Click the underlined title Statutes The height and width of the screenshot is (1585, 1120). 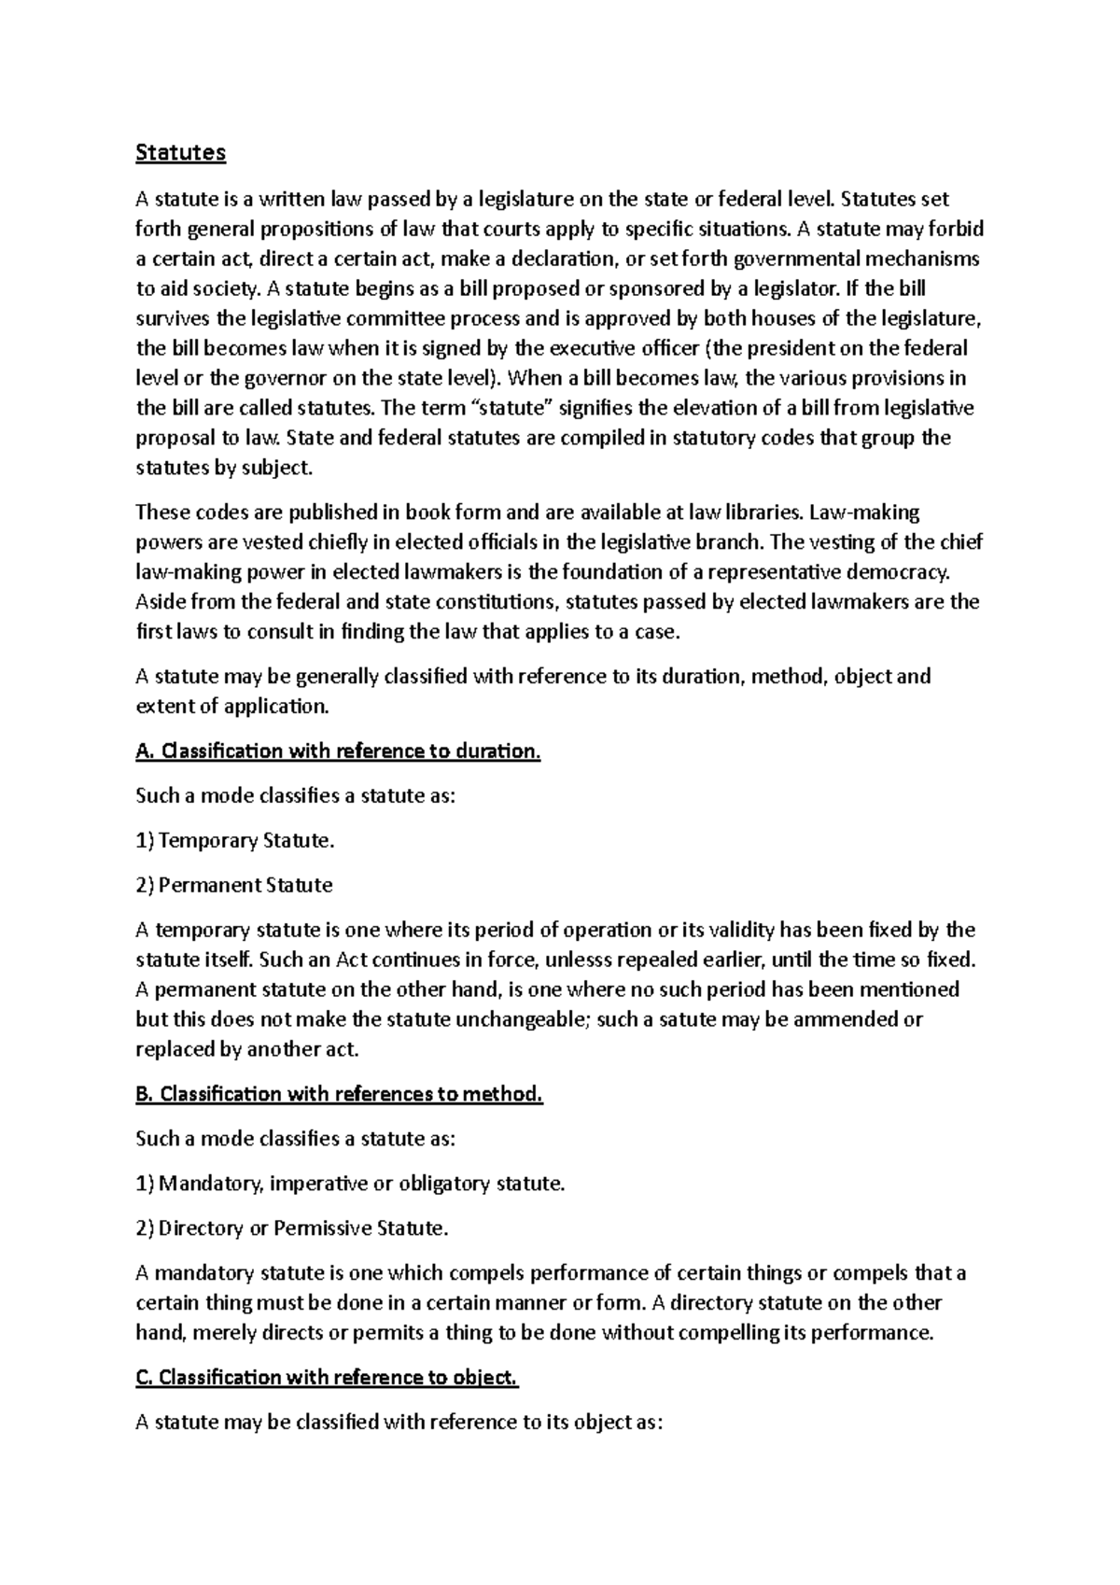pyautogui.click(x=180, y=153)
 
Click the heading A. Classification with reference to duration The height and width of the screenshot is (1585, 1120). pyautogui.click(x=338, y=751)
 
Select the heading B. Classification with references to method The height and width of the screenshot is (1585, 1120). pyautogui.click(x=339, y=1094)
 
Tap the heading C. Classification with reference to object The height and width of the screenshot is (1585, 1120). pyautogui.click(x=327, y=1378)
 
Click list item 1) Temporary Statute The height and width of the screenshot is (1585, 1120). pyautogui.click(x=234, y=841)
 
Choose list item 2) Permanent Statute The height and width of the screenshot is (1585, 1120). pyautogui.click(x=234, y=885)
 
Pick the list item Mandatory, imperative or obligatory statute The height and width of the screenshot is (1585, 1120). pyautogui.click(x=351, y=1184)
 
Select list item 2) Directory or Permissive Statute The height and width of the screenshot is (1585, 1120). pyautogui.click(x=292, y=1228)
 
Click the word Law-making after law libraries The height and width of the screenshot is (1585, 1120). pyautogui.click(x=864, y=512)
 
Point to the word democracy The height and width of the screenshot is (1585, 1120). pyautogui.click(x=902, y=571)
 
